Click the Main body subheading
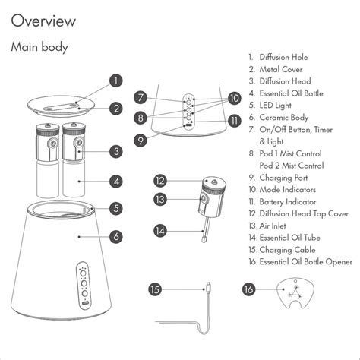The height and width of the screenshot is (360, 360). point(39,47)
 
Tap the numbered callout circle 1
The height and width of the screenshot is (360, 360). point(115,80)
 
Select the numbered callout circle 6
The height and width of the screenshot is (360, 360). point(115,236)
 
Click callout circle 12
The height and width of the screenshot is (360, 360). point(159,181)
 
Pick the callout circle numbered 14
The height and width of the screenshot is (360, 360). point(159,229)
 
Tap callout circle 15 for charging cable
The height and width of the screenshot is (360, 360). point(155,289)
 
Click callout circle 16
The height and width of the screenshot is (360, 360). point(248,289)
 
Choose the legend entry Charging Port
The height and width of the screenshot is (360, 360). point(288,178)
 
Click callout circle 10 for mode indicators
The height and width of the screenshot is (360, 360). point(234,98)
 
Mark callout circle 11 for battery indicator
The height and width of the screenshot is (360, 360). point(234,119)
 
